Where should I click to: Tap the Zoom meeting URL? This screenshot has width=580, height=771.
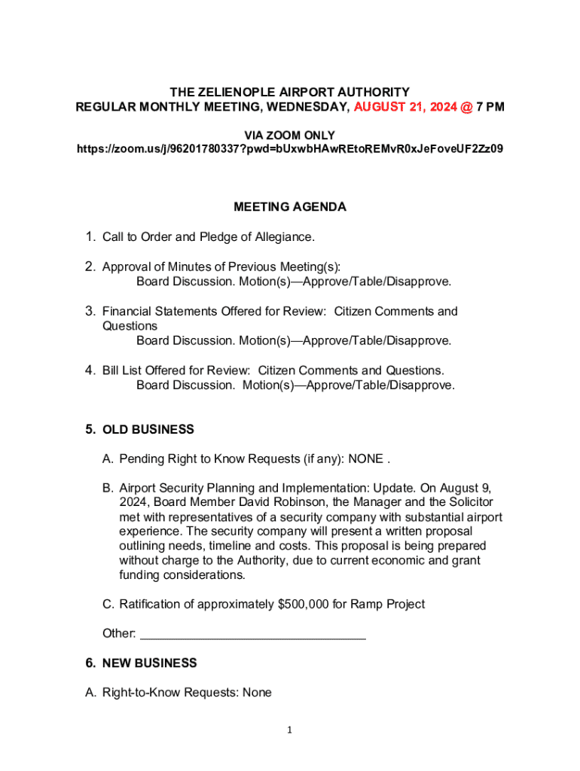[x=290, y=149]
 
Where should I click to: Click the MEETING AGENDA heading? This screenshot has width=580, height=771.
[x=290, y=207]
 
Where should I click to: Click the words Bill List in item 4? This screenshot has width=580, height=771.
[x=123, y=370]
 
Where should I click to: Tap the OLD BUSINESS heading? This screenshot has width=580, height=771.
[x=148, y=430]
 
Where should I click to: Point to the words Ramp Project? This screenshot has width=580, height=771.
[x=391, y=604]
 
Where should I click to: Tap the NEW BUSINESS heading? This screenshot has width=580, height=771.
[x=149, y=663]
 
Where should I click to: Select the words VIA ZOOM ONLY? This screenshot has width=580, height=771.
[x=290, y=136]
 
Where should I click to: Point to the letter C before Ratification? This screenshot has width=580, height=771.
[x=107, y=604]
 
